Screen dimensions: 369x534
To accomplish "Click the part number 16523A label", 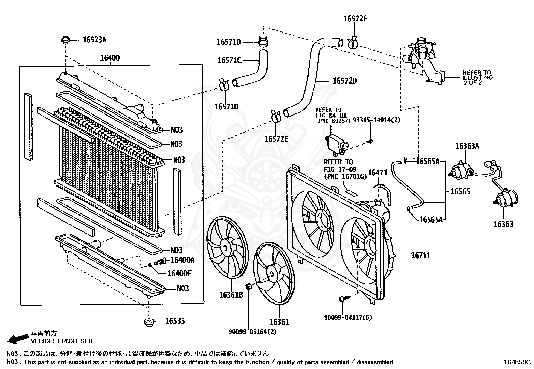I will tap(94, 40).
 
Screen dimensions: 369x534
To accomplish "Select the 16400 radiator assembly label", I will tap(110, 58).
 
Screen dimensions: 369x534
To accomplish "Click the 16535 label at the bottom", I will tap(175, 321).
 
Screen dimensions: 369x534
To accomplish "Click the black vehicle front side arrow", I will tap(18, 338).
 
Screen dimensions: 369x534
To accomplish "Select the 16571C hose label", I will tap(229, 61).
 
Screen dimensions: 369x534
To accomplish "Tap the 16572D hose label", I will tap(344, 81).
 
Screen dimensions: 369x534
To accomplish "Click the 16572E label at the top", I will tap(355, 19).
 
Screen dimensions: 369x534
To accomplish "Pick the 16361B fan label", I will tap(231, 295).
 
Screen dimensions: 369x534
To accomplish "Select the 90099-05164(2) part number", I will tap(253, 332).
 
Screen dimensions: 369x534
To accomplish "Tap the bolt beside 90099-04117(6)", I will tap(342, 298).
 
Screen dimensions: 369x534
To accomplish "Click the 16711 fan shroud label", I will tap(421, 256).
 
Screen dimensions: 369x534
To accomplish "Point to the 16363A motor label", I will tap(467, 146).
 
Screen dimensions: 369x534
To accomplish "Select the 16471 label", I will tap(378, 173).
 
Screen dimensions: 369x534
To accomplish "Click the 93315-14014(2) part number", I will tap(377, 120).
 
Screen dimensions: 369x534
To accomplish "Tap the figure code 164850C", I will tap(517, 362).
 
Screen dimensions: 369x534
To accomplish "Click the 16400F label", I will tap(179, 273).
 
